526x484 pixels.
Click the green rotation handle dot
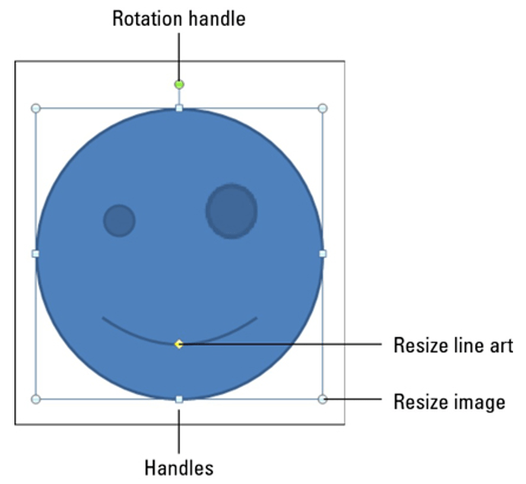coord(179,84)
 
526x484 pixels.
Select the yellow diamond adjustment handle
coord(179,344)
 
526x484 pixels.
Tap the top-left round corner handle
coord(36,108)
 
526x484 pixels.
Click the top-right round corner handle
coord(322,108)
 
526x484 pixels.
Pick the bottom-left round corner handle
coord(36,399)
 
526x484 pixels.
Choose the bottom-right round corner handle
coord(322,399)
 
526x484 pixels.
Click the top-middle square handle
coord(179,108)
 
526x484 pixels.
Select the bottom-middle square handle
coord(179,399)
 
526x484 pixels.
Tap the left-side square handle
coord(36,253)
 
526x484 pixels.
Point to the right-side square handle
coord(322,253)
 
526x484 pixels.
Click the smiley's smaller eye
coord(119,221)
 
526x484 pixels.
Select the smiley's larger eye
coord(232,212)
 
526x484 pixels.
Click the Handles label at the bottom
coord(179,468)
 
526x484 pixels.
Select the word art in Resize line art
coord(501,346)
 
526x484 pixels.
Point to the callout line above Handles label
coord(179,431)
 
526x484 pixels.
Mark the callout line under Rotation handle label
coord(179,56)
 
